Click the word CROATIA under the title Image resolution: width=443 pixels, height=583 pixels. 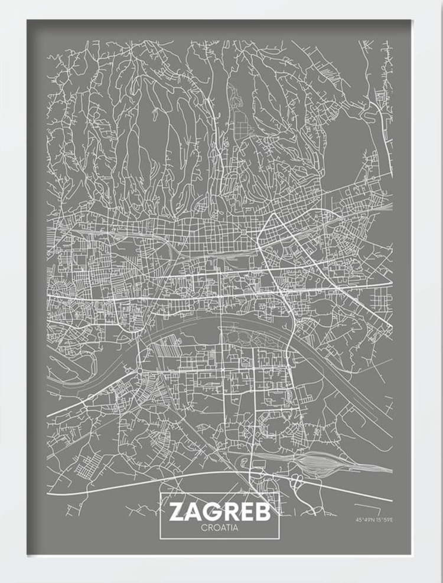(220, 528)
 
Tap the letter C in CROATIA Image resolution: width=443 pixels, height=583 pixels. (204, 528)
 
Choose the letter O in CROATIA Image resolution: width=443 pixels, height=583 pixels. (215, 528)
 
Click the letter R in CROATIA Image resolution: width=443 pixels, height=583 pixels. (209, 528)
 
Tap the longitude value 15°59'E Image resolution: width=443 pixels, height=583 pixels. (385, 520)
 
